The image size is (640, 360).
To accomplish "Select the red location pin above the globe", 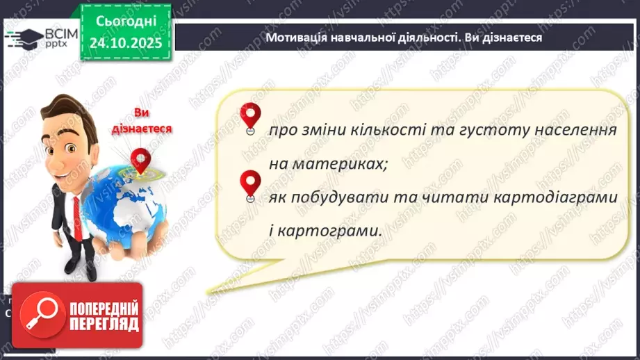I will (x=142, y=160).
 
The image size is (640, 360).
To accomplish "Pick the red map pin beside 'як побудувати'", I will (x=249, y=184).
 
